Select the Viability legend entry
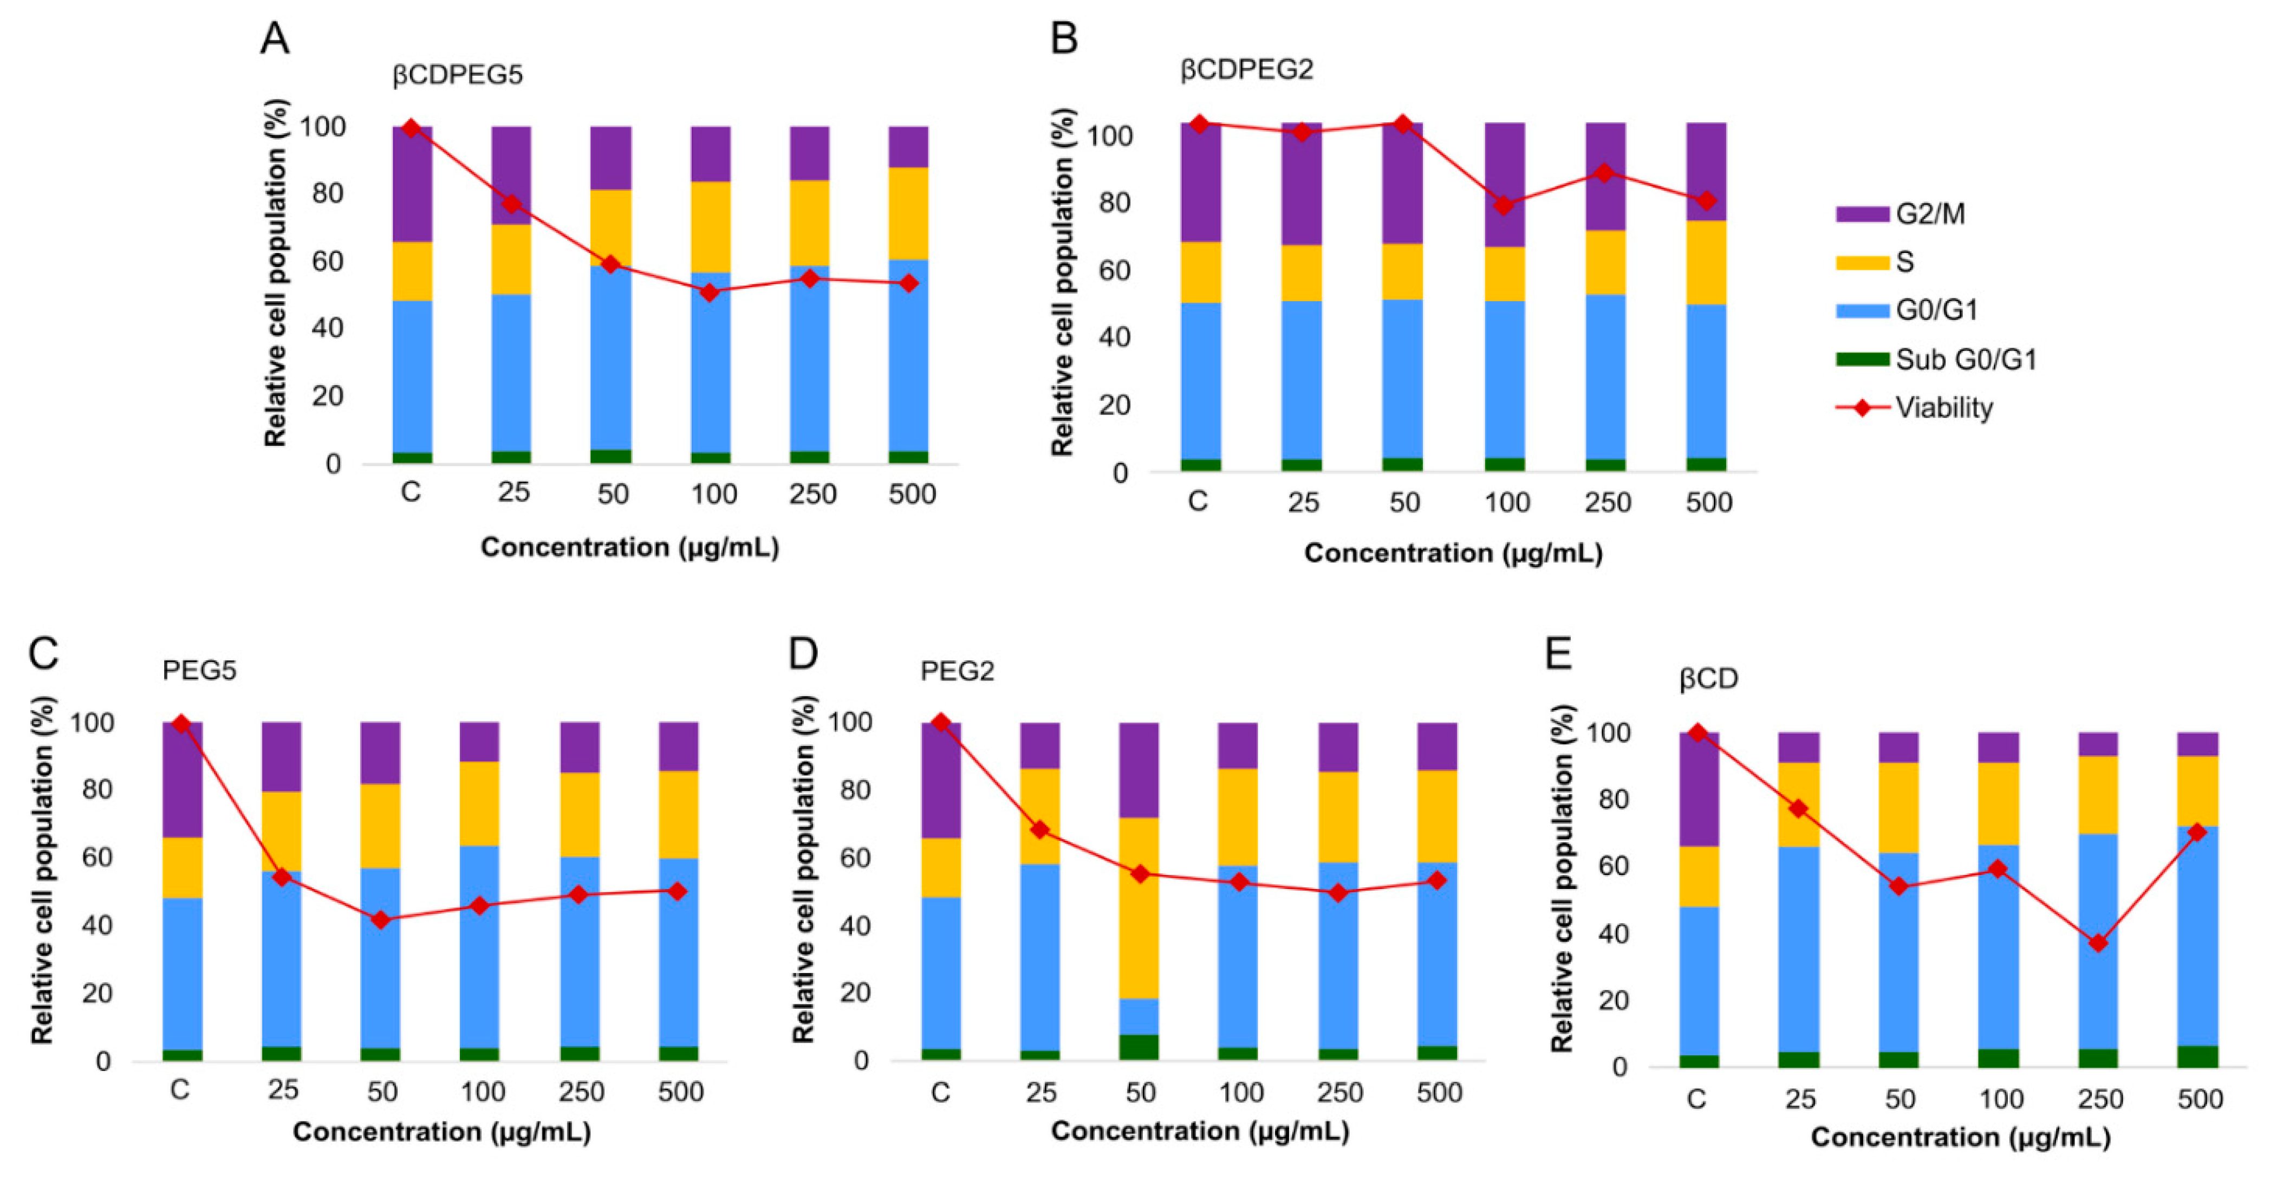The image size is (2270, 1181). (1943, 408)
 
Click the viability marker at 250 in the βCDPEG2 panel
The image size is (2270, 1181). (1605, 173)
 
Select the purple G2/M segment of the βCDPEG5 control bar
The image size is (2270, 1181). (412, 185)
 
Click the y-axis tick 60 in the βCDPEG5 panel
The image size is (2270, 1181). (327, 261)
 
